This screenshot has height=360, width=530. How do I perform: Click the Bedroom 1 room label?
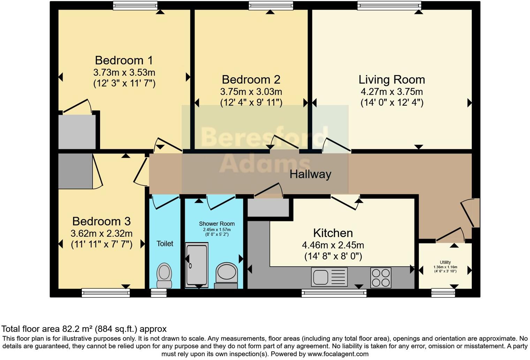pos(124,60)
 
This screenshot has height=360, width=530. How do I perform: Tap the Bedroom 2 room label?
pos(251,80)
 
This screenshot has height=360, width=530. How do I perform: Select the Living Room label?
pos(392,80)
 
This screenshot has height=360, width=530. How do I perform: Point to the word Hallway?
pos(310,174)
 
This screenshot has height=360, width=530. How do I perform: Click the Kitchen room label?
pos(333,233)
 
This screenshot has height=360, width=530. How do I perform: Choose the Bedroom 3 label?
pos(101,221)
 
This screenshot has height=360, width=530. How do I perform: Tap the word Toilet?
pos(165,243)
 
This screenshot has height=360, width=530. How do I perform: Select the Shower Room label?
pos(217,224)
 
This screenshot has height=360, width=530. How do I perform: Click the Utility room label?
pos(445,262)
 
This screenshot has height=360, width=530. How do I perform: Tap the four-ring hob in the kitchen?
pos(381,278)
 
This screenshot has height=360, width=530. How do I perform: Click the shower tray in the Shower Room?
pos(197,265)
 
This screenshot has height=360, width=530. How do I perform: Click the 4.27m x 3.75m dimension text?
pos(392,92)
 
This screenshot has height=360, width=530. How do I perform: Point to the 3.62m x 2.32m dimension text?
pos(101,233)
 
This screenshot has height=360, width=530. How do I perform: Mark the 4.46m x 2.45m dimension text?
pos(333,245)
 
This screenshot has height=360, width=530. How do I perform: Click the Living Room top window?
pos(389,5)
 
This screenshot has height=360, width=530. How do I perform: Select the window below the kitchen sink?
pos(334,293)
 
